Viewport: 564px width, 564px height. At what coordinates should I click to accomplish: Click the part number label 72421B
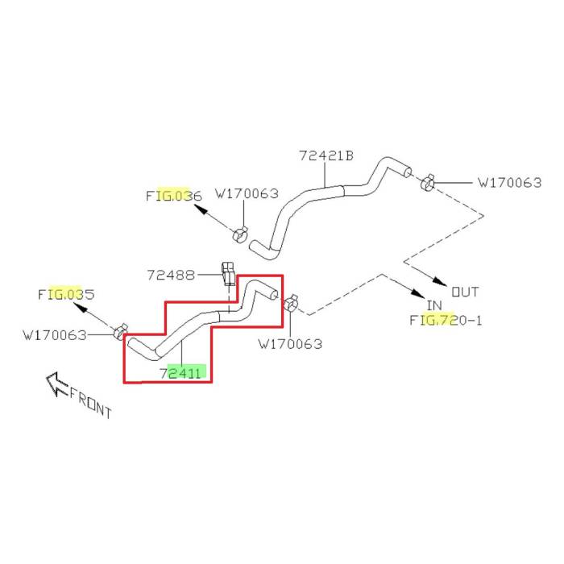pyautogui.click(x=326, y=156)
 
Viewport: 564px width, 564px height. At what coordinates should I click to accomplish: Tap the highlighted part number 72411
pyautogui.click(x=182, y=373)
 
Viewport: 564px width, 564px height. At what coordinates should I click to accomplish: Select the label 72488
pyautogui.click(x=171, y=275)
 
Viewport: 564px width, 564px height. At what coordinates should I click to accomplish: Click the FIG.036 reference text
pyautogui.click(x=173, y=196)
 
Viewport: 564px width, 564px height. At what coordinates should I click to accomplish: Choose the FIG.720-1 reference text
pyautogui.click(x=445, y=320)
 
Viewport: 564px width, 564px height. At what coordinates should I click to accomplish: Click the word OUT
pyautogui.click(x=465, y=292)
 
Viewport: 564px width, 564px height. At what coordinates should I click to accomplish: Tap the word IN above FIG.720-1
pyautogui.click(x=435, y=305)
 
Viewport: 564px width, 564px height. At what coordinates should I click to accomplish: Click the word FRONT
pyautogui.click(x=90, y=400)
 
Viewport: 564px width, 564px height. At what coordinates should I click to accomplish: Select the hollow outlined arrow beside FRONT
pyautogui.click(x=56, y=384)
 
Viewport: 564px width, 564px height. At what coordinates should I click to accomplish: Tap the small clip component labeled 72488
pyautogui.click(x=227, y=274)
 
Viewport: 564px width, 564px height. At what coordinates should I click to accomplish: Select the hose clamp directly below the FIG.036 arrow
pyautogui.click(x=239, y=234)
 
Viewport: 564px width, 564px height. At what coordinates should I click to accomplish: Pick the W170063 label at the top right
pyautogui.click(x=509, y=183)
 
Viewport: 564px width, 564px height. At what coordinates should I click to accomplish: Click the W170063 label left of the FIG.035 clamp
pyautogui.click(x=55, y=334)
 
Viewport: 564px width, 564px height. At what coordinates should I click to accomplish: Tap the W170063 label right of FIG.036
pyautogui.click(x=247, y=194)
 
